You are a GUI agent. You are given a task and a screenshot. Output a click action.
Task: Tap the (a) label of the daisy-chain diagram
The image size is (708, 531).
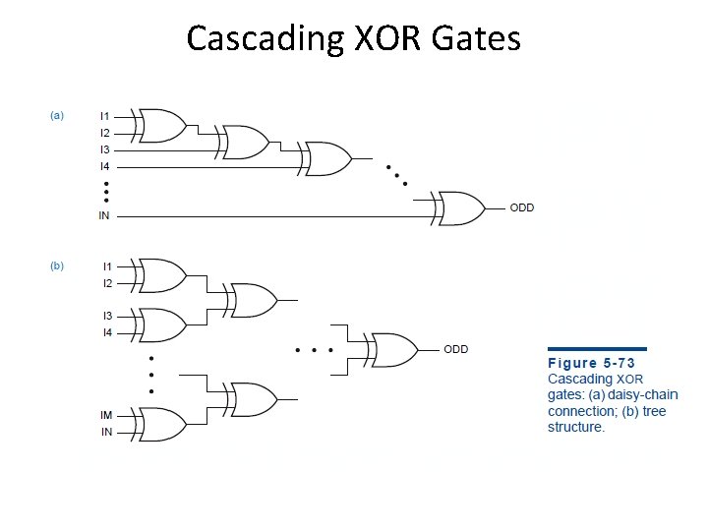click(x=57, y=116)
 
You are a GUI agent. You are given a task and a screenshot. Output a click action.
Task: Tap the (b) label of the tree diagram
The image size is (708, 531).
click(x=57, y=265)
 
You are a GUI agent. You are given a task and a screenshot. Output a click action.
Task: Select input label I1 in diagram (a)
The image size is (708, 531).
click(x=104, y=117)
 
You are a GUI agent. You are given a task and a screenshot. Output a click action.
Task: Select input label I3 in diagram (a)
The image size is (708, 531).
click(x=104, y=150)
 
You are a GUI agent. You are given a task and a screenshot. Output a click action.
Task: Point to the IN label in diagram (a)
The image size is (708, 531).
click(x=104, y=215)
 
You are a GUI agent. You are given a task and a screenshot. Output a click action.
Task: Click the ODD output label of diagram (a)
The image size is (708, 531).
click(x=521, y=207)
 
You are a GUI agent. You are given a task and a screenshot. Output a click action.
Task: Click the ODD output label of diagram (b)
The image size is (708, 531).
click(x=455, y=349)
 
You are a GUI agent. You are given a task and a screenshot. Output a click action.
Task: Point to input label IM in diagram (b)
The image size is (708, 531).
click(x=105, y=416)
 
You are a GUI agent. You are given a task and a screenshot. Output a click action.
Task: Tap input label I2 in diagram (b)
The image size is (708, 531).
click(x=107, y=283)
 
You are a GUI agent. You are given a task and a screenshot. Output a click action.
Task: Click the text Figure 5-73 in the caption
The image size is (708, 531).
click(x=592, y=362)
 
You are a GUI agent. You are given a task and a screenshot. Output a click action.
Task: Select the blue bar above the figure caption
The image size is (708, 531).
click(x=597, y=348)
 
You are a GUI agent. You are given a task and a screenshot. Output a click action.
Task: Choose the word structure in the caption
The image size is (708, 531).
click(x=576, y=427)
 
